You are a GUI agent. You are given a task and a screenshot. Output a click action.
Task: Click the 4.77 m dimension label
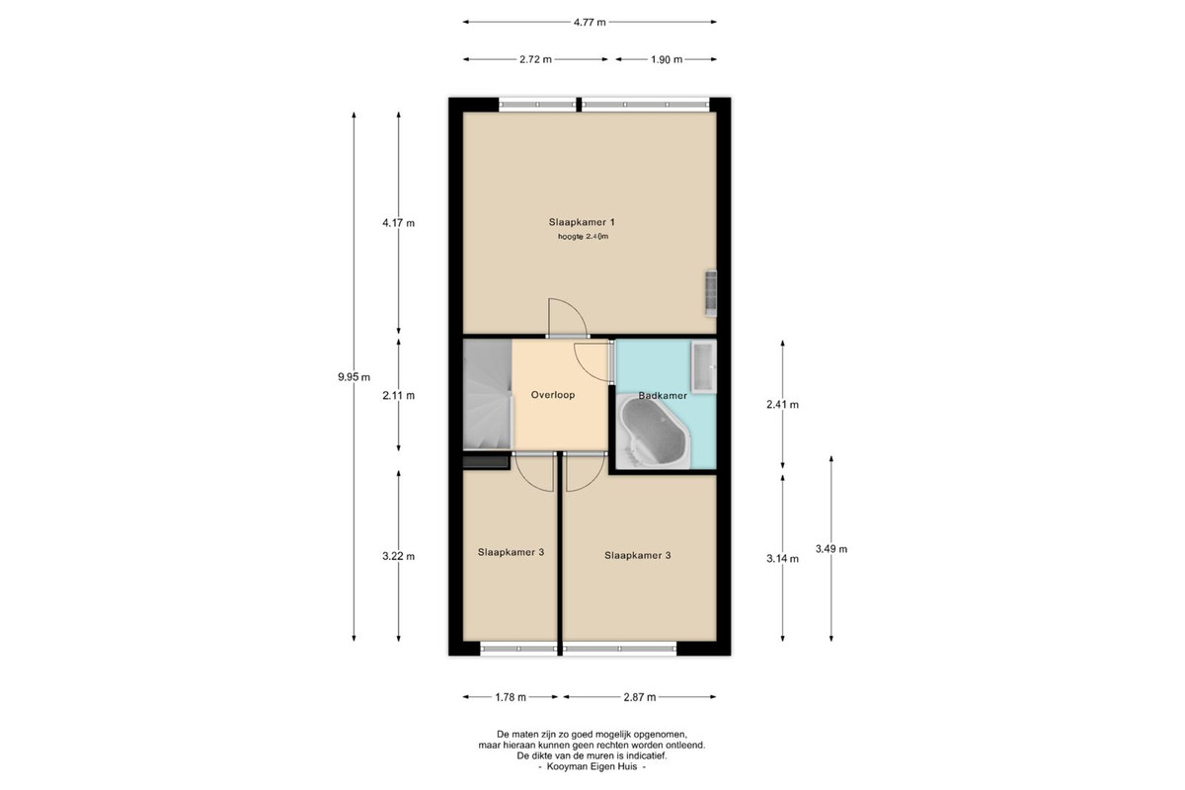pos(590,23)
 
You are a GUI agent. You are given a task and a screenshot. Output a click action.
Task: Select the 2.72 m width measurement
pos(535,59)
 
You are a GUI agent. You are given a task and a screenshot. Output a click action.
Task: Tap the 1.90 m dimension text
pos(667,59)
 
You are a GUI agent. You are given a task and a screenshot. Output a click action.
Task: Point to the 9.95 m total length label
pos(354,377)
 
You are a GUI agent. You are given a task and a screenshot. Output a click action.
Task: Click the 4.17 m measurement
pos(398,223)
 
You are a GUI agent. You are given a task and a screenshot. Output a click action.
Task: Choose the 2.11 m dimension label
pos(398,395)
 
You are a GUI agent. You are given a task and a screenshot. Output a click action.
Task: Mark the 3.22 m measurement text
pos(398,556)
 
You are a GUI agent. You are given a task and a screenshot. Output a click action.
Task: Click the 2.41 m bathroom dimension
pos(782,405)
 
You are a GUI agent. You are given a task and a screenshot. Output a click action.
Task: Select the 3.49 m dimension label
pos(831,549)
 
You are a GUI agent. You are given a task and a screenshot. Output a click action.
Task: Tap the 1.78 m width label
pos(511,697)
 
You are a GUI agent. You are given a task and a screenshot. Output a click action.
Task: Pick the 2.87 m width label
pos(640,697)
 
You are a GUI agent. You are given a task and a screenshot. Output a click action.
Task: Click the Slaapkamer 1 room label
pos(582,222)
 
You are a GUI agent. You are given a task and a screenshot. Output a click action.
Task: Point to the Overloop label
pos(553,395)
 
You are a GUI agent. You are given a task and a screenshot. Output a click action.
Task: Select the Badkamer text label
pos(663,395)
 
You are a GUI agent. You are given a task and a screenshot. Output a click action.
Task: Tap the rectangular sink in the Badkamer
pos(703,366)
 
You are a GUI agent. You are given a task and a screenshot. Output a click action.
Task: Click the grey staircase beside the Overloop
pos(487,395)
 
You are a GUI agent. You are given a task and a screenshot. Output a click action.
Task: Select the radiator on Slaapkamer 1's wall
pos(711,293)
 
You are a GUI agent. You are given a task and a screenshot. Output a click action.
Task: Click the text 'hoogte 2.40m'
pos(583,237)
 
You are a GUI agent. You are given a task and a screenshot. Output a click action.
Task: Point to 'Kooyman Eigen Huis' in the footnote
pos(592,766)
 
